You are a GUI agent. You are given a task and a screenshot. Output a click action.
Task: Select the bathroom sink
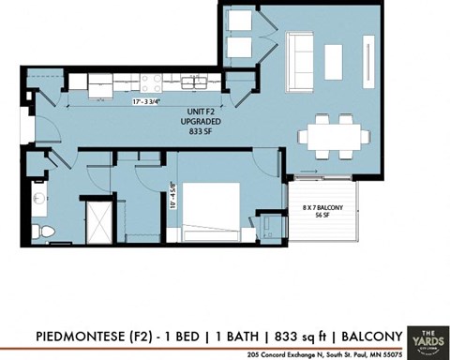tap(37, 198)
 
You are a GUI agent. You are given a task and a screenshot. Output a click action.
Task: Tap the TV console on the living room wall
tap(372, 60)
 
